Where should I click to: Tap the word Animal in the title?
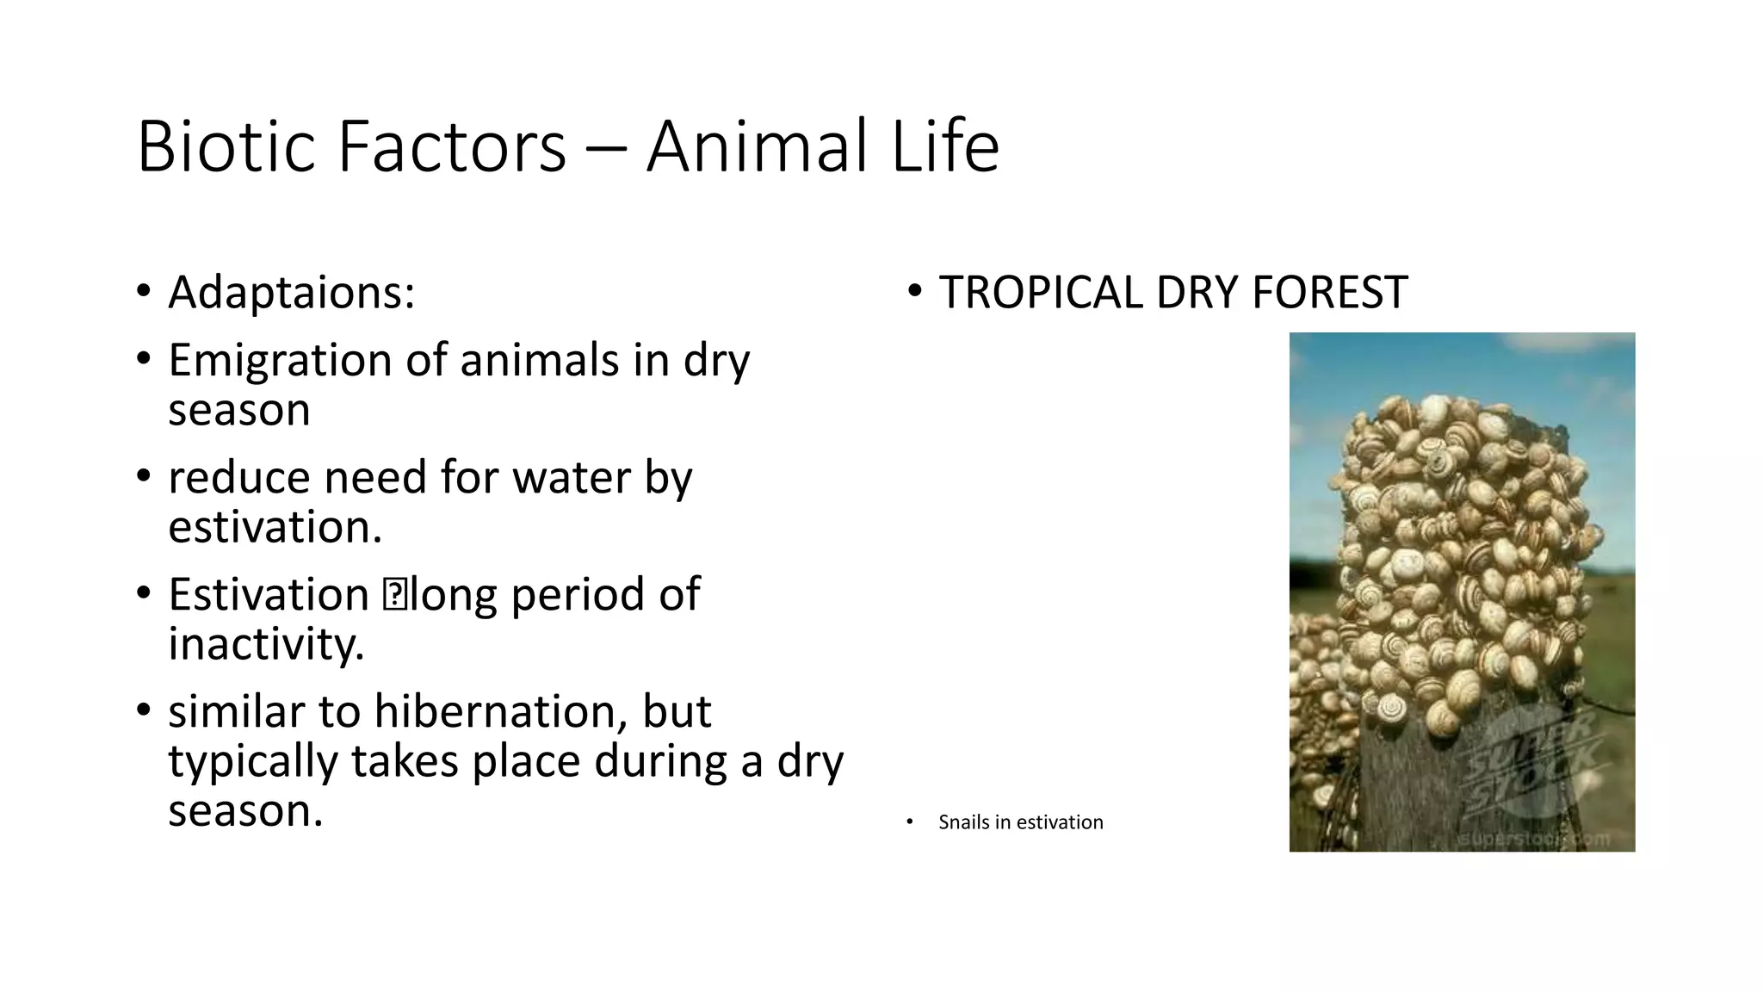click(x=757, y=147)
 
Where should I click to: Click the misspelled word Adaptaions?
click(x=291, y=293)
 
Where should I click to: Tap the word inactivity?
click(x=266, y=644)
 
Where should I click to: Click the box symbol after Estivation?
click(x=395, y=595)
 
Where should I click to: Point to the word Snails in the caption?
click(x=963, y=822)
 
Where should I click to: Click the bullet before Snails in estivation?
click(x=909, y=822)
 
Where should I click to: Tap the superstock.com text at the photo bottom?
click(x=1532, y=838)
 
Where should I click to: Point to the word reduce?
click(x=238, y=477)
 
